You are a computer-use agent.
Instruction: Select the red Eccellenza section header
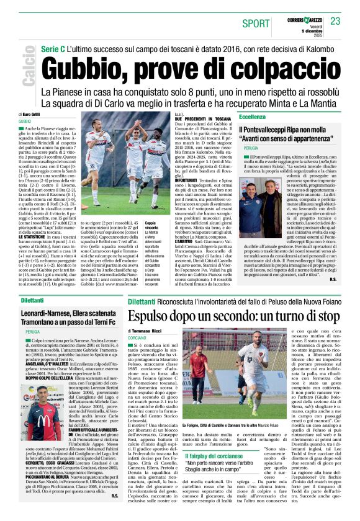pyautogui.click(x=254, y=116)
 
